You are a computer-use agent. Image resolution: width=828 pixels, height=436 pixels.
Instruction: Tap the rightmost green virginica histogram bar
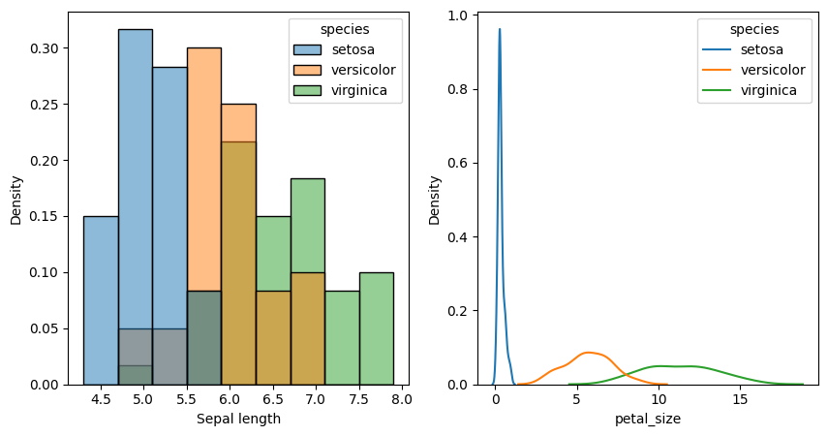376,328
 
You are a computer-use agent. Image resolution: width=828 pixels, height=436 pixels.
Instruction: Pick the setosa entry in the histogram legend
344,48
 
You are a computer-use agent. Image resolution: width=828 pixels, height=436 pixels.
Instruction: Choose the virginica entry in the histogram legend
344,91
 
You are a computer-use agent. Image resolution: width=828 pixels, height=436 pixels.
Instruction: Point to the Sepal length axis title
238,419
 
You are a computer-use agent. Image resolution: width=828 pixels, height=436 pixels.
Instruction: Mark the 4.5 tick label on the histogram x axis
101,399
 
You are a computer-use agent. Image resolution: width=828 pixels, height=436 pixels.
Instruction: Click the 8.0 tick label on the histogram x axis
402,399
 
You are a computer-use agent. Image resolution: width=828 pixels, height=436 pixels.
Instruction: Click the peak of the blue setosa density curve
500,29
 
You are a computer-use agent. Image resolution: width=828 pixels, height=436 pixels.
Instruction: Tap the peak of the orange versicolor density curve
587,353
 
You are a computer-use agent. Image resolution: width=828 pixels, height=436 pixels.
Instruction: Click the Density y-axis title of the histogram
16,201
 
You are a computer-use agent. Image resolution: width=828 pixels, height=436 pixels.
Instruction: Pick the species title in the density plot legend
753,28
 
